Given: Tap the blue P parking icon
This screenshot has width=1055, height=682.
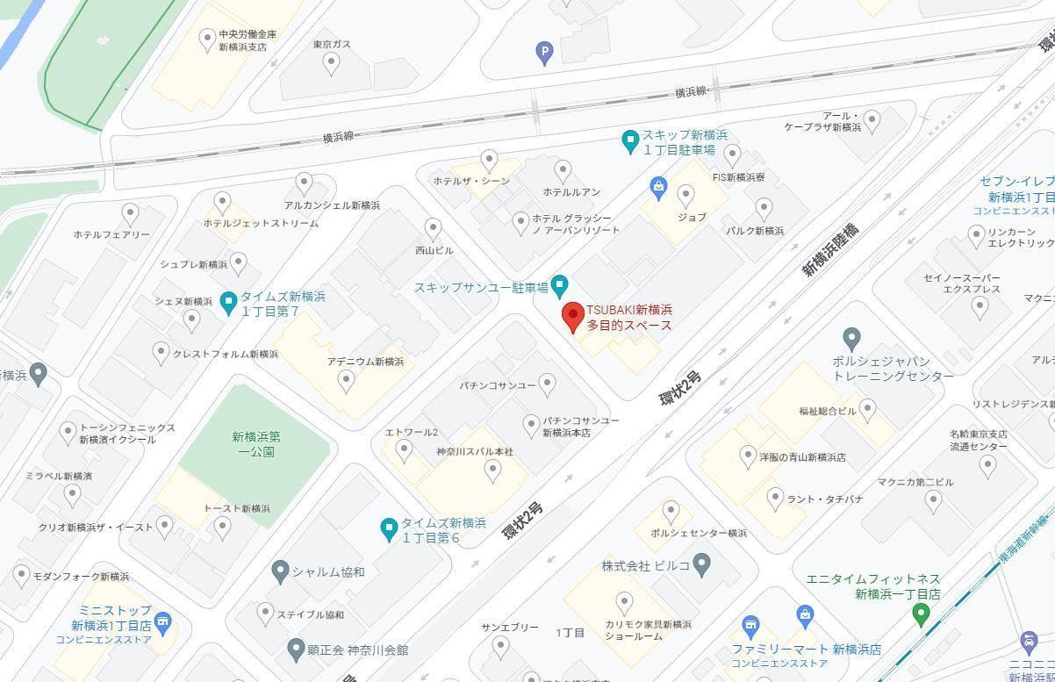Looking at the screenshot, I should click(x=545, y=54).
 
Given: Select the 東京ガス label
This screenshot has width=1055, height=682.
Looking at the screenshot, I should click(x=331, y=44).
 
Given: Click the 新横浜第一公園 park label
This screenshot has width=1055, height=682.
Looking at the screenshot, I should click(x=256, y=444).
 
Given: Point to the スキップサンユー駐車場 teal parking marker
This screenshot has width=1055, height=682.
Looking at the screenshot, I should click(x=559, y=285).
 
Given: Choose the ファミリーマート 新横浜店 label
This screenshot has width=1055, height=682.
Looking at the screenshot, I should click(x=807, y=650).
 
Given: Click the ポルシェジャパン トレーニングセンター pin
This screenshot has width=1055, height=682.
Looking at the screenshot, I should click(x=850, y=338).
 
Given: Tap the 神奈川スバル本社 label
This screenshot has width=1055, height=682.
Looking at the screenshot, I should click(x=474, y=451).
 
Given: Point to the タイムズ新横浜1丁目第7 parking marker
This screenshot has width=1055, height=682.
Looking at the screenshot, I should click(x=228, y=303).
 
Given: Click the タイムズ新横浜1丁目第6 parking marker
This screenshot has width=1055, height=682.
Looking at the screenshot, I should click(x=389, y=528).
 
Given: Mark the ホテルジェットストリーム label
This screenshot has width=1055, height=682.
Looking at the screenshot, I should click(x=261, y=223).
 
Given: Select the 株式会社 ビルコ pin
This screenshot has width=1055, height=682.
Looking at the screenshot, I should click(x=701, y=564).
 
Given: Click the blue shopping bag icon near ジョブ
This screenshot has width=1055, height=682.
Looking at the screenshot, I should click(x=658, y=186).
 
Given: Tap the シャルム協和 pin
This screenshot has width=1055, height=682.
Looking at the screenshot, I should click(x=280, y=571).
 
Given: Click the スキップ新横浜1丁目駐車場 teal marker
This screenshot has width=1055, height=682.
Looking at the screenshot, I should click(x=629, y=140).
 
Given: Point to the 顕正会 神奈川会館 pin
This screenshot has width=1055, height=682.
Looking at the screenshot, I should click(x=297, y=650).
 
